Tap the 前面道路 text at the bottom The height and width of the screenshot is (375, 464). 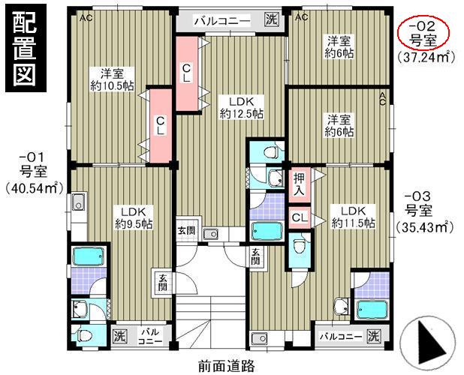pos(227,366)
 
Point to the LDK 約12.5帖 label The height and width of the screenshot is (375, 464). pos(241,106)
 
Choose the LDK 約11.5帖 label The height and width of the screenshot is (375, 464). pos(348,216)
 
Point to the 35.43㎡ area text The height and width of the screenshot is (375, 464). pos(425,226)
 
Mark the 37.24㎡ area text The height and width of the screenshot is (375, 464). pos(426,55)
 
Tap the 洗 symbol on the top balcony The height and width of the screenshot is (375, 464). pos(270,20)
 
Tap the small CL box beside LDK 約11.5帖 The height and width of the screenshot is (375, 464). pos(299,217)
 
